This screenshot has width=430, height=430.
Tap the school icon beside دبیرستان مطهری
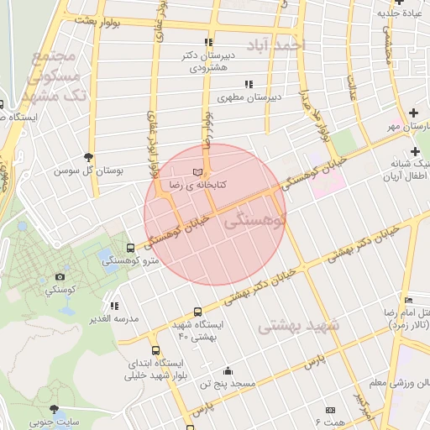pyautogui.click(x=248, y=84)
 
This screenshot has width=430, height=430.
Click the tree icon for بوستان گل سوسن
pyautogui.click(x=89, y=156)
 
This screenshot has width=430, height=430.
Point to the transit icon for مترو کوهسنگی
pyautogui.click(x=129, y=249)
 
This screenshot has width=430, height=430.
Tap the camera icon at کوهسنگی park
pyautogui.click(x=60, y=277)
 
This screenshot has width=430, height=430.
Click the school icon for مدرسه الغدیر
pyautogui.click(x=114, y=307)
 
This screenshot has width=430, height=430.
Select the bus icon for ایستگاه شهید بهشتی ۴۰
pyautogui.click(x=198, y=311)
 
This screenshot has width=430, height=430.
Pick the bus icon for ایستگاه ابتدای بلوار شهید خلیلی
pyautogui.click(x=155, y=350)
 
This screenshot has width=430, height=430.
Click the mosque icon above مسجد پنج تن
pyautogui.click(x=227, y=371)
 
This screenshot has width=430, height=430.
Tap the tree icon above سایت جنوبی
pyautogui.click(x=55, y=409)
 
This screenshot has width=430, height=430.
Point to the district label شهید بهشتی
pyautogui.click(x=298, y=324)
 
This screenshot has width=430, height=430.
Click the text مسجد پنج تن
pyautogui.click(x=227, y=385)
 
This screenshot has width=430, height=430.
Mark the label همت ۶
pyautogui.click(x=330, y=419)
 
